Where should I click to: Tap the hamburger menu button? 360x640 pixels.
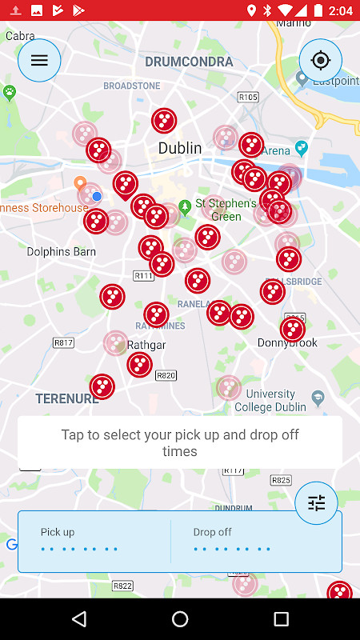coord(39,60)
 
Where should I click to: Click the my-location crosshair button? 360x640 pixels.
coord(321,60)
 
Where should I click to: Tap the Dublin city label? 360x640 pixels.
coord(180,148)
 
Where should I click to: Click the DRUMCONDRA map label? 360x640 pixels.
coord(189,62)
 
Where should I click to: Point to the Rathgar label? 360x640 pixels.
coord(146,346)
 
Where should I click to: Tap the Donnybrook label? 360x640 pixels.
coord(287,342)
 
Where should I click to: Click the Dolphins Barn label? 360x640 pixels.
coord(61,251)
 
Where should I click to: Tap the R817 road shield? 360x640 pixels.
coord(63,342)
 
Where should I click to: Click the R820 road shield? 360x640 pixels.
coord(166,374)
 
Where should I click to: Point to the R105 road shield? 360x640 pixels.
coord(248,97)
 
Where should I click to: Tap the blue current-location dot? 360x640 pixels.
coord(97,196)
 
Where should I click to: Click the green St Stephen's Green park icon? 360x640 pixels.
coord(186,206)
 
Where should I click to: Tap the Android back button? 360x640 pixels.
coord(78,619)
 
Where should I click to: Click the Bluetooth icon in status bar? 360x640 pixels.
coord(269,10)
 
